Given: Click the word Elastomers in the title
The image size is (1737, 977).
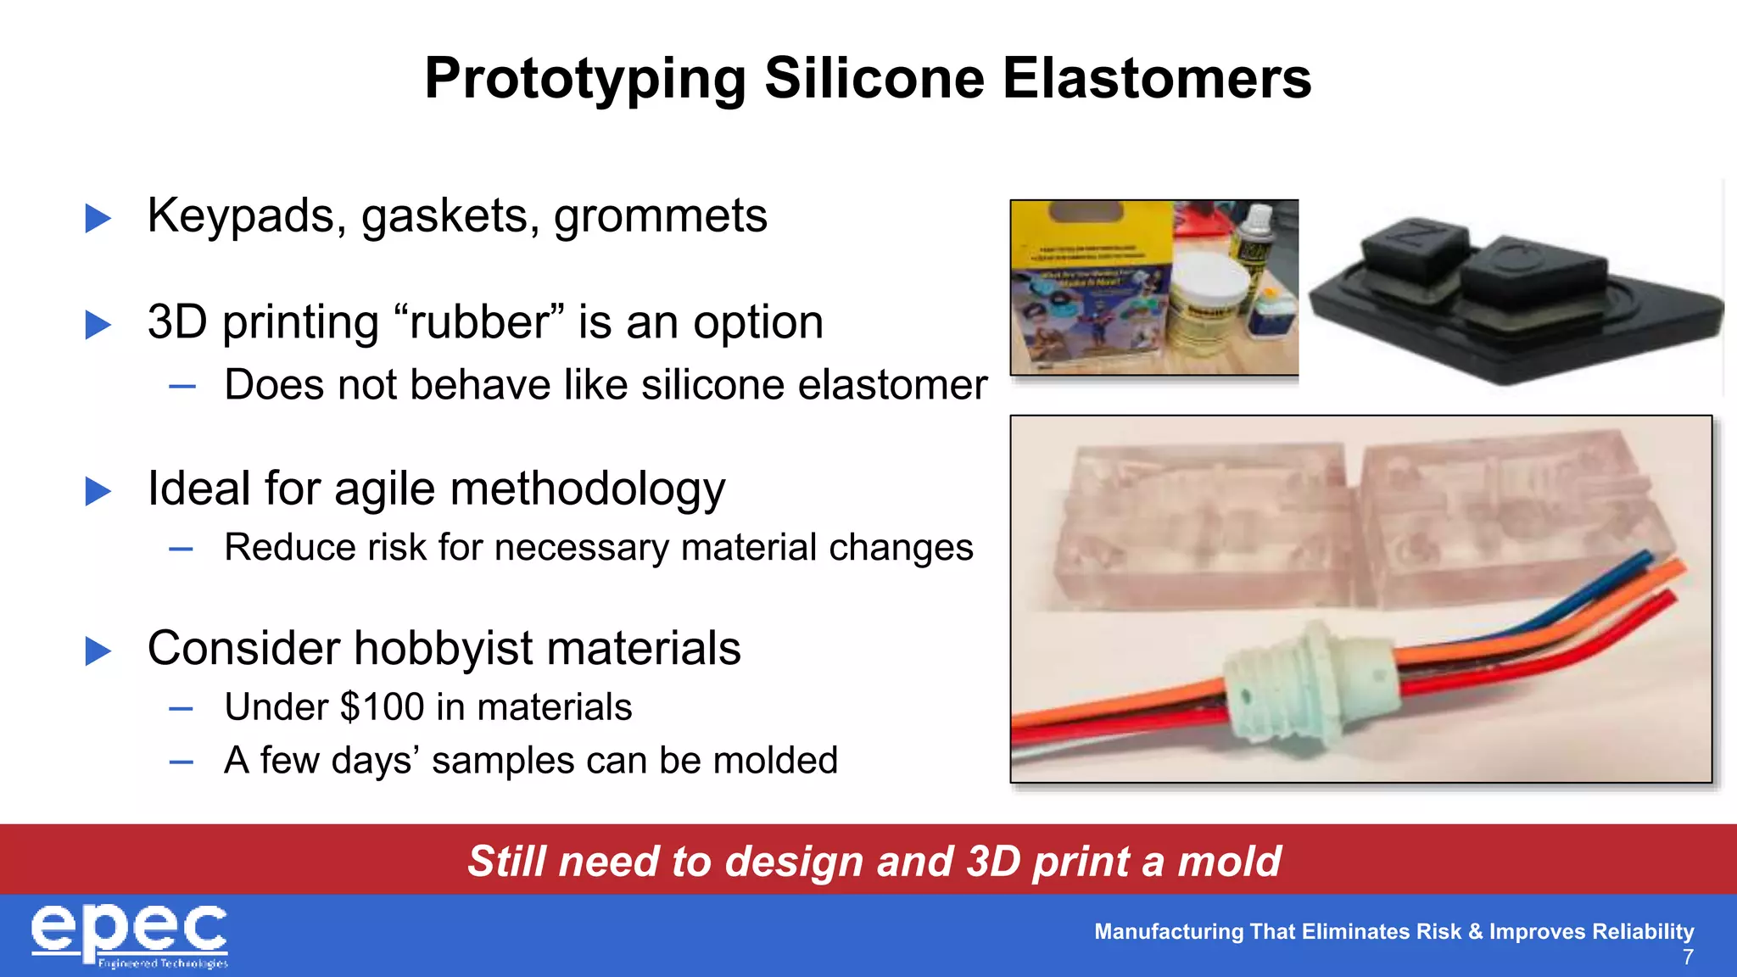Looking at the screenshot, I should coord(1157,79).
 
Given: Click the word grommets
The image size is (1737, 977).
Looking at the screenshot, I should coord(660,216).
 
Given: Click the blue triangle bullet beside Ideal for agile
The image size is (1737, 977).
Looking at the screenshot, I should coord(98,491).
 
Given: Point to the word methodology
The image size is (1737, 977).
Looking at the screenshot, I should coord(587,489).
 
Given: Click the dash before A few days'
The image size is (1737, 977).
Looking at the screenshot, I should coord(181,762).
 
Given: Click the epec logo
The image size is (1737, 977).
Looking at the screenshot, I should coord(130,935).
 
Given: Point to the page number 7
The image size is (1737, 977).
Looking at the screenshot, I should coord(1688,957).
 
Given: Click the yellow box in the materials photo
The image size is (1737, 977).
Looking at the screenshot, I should coord(1090,288).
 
